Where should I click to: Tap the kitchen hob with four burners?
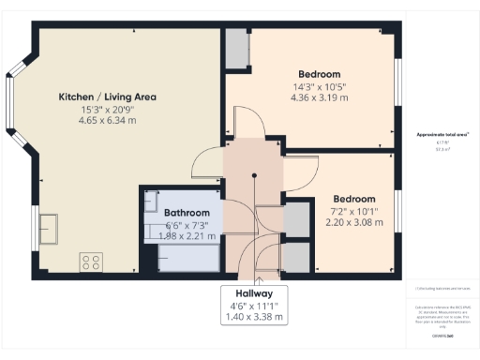pos(92,261)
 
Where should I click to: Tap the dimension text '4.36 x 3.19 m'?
pos(319,97)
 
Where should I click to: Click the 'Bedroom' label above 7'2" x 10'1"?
pos(354,199)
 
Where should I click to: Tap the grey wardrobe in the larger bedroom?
pos(236,50)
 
